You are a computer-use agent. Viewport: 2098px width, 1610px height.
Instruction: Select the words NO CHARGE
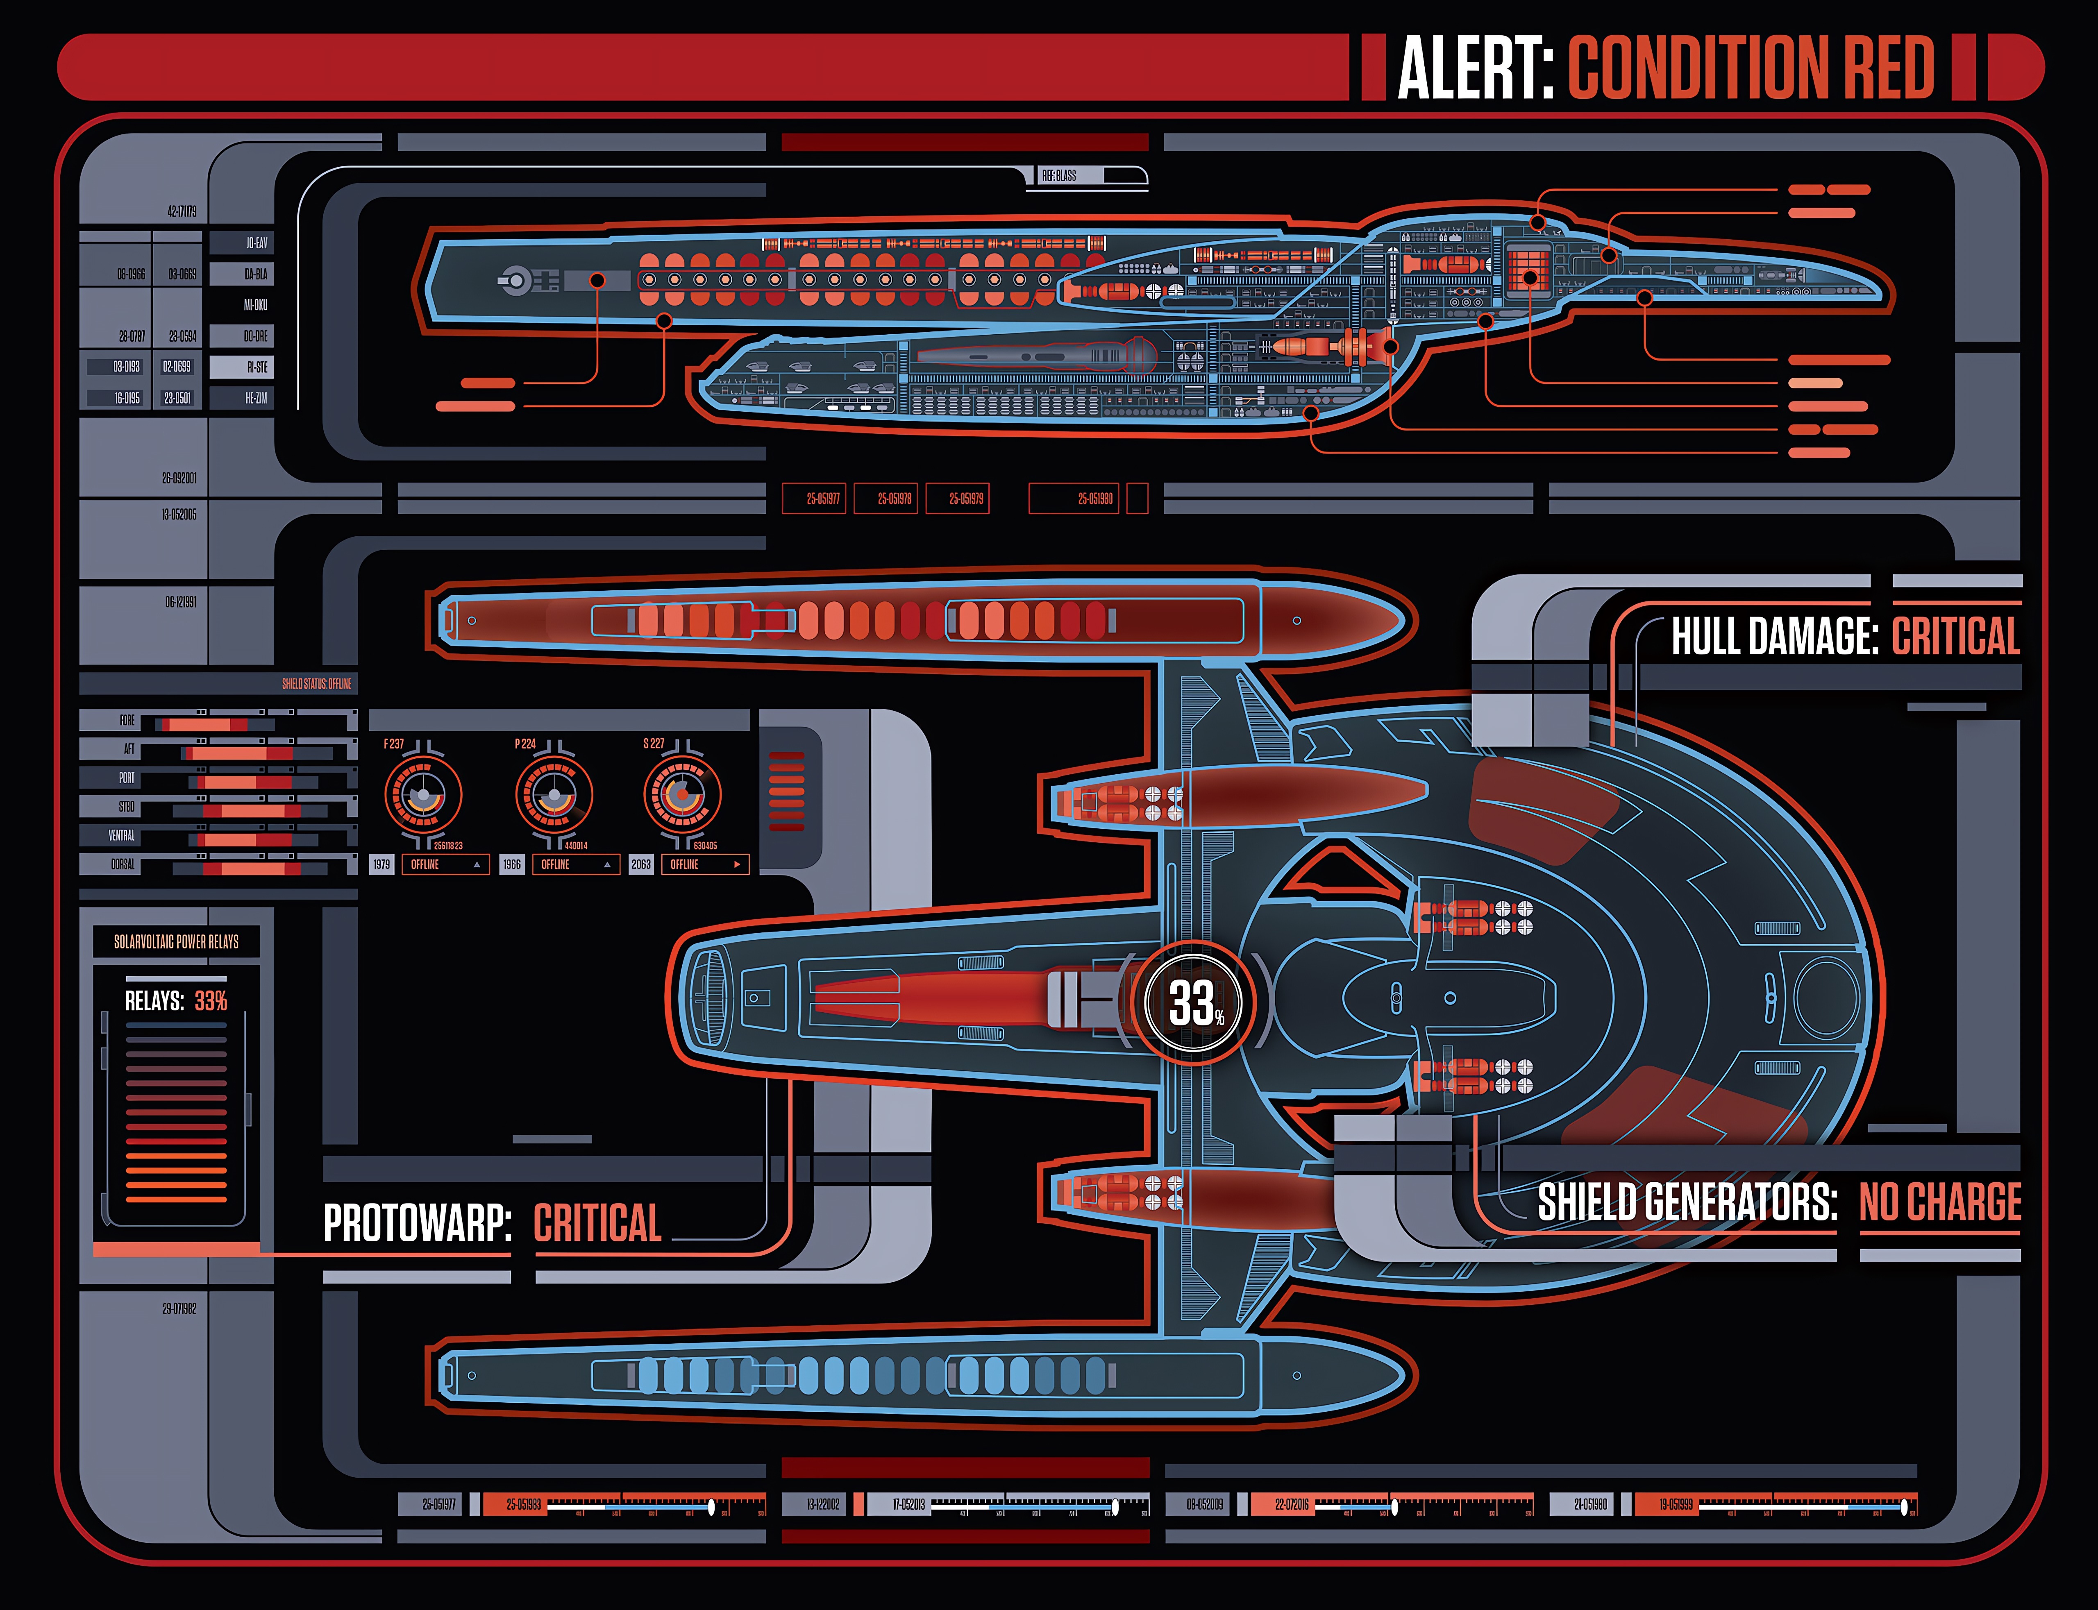coord(1940,1202)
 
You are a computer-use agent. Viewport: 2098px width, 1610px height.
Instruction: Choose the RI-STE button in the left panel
coord(241,367)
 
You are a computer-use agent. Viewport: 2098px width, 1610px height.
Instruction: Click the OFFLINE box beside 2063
coord(704,864)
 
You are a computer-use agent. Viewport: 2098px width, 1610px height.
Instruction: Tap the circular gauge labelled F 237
coord(422,794)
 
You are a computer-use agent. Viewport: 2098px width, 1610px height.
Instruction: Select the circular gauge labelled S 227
coord(681,794)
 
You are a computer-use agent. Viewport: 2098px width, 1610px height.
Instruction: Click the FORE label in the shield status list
coord(127,721)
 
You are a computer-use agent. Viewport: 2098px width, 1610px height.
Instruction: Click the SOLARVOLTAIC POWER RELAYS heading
coord(176,942)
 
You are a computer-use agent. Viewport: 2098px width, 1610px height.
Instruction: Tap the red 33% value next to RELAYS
coord(211,1002)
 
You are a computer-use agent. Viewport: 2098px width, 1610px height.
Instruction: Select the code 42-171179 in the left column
coord(182,211)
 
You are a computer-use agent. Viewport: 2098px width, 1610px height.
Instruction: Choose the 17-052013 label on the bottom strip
coord(908,1505)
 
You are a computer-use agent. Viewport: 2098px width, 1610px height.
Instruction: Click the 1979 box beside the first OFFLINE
coord(381,864)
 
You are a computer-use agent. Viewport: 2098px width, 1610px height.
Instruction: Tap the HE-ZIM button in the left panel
coord(241,398)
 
